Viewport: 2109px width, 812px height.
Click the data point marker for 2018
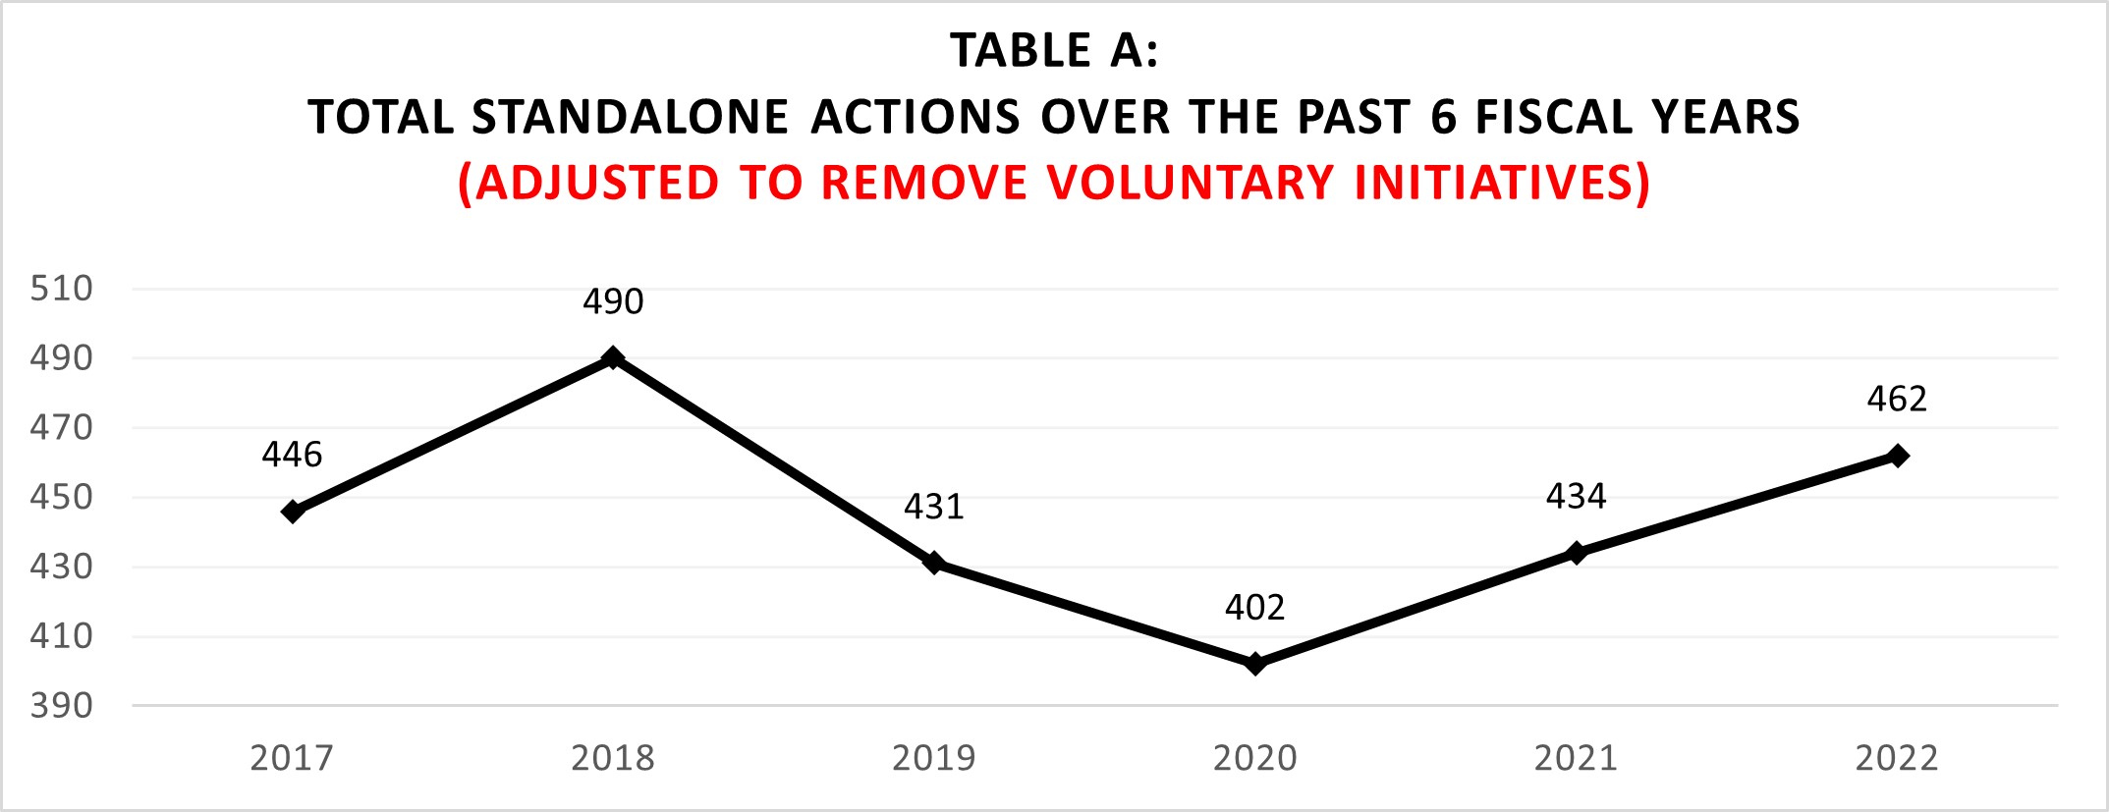pos(613,357)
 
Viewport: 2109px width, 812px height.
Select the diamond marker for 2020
pos(1254,665)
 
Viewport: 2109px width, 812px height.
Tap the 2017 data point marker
pos(292,512)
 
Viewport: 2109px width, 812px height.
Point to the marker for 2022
pos(1897,456)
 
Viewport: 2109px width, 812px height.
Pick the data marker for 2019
pos(934,564)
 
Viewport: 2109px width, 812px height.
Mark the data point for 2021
pos(1576,553)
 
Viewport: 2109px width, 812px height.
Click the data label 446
pos(292,455)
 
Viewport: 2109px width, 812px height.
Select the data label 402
pos(1254,608)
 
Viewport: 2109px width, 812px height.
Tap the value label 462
pos(1897,399)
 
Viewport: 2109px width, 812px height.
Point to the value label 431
pos(934,507)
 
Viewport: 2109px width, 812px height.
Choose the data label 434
pos(1576,497)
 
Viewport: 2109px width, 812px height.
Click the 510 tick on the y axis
pos(62,289)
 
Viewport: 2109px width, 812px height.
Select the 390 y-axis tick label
pos(62,705)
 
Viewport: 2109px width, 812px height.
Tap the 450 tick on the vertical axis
pos(62,497)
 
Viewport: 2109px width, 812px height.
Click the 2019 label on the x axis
pos(934,758)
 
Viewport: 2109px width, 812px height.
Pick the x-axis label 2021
pos(1576,758)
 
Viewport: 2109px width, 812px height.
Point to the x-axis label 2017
pos(292,758)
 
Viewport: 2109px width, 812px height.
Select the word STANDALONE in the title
pos(631,117)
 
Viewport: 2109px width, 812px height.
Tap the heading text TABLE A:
pos(1054,51)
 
